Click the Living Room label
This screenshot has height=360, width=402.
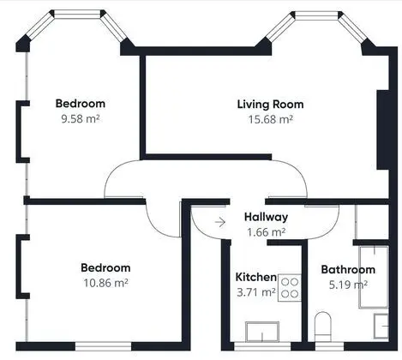pos(270,105)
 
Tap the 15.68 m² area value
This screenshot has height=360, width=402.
pos(270,119)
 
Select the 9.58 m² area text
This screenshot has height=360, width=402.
pos(81,118)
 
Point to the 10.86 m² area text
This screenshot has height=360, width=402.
pos(105,283)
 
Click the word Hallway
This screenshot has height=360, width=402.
pos(266,217)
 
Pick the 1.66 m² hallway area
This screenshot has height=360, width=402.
pos(266,232)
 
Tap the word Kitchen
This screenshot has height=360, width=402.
pos(256,277)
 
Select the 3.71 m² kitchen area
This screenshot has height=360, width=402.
pos(256,292)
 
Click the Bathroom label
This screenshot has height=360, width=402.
pos(348,270)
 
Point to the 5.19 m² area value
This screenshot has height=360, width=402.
pos(348,285)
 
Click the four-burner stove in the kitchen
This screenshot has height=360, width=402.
pos(290,288)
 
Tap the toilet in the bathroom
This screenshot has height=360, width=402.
pos(323,327)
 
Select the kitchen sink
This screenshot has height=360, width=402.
pos(262,332)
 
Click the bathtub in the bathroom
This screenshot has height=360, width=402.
pos(374,277)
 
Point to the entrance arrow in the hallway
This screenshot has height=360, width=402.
pos(220,222)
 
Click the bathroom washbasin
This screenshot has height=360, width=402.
pos(381,326)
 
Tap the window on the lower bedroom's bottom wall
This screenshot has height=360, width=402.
pos(103,346)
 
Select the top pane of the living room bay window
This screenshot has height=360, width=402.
pos(316,15)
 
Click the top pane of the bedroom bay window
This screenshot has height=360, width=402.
pos(77,15)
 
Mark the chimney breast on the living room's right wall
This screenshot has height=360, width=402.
pos(383,130)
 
